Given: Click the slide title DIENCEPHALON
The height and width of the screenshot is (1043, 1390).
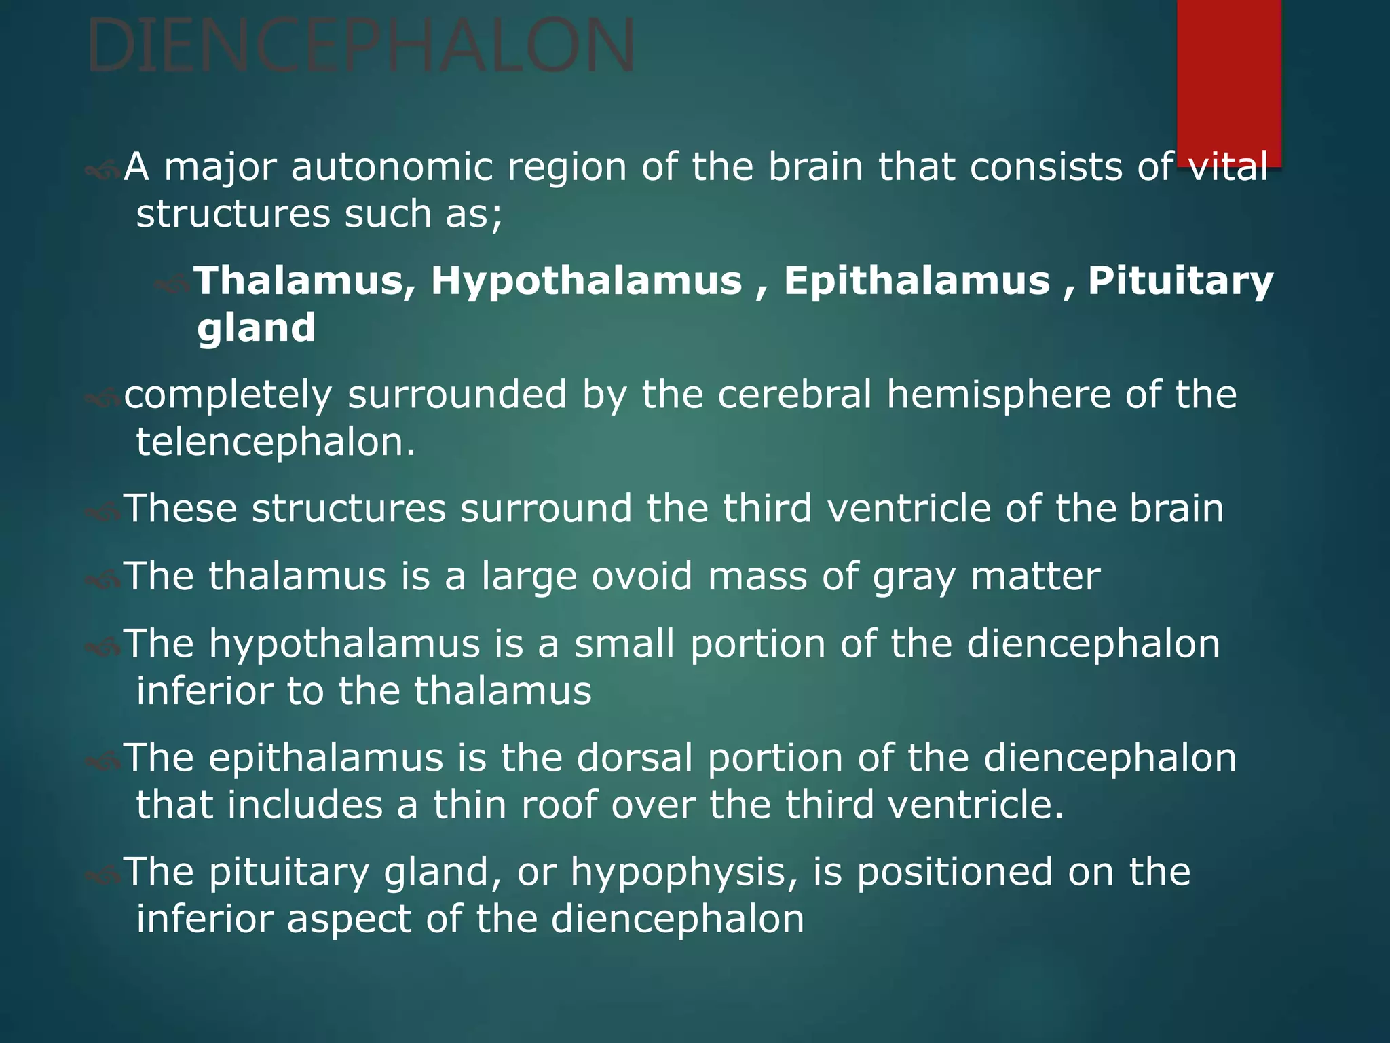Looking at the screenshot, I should click(x=361, y=46).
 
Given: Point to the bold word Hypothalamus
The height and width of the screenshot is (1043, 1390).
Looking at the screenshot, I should click(x=586, y=280).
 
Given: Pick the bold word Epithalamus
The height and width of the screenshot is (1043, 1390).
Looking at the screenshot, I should click(x=916, y=280).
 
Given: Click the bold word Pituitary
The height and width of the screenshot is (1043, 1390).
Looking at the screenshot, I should click(x=1180, y=280).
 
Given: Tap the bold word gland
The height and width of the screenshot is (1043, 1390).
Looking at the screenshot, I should click(x=257, y=328).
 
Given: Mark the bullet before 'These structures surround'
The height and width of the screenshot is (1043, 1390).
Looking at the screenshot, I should click(x=102, y=511).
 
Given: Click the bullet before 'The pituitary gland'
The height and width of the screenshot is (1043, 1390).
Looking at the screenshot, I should click(x=102, y=875).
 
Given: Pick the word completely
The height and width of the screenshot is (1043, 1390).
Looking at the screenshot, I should click(x=228, y=396).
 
